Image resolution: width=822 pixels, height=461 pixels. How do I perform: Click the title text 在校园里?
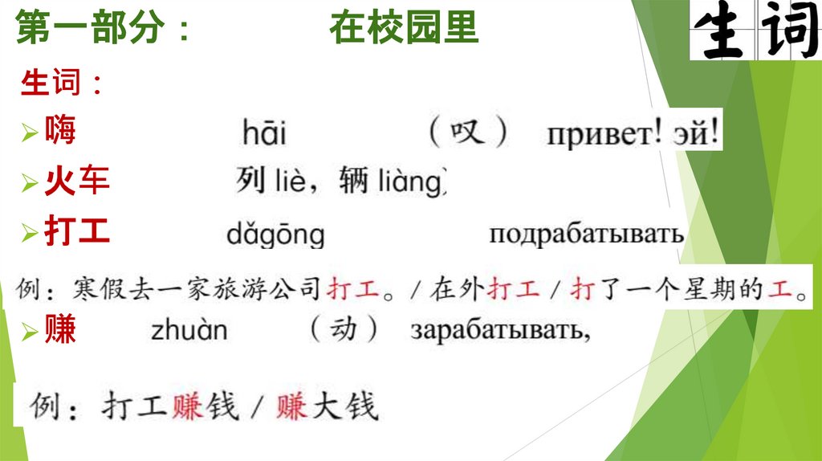click(x=403, y=29)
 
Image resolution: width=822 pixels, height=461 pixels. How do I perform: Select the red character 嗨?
click(x=60, y=129)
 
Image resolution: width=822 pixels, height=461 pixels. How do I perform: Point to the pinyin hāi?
click(x=264, y=133)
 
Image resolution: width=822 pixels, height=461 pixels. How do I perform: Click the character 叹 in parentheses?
click(x=468, y=131)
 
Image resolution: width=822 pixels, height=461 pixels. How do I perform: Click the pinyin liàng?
click(x=409, y=182)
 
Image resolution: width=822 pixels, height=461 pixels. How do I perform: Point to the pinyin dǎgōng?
click(x=275, y=235)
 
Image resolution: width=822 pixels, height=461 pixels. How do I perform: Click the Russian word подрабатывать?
click(x=586, y=234)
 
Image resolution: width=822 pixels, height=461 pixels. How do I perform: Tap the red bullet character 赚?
click(x=60, y=329)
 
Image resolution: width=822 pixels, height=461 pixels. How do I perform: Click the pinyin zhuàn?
click(x=189, y=331)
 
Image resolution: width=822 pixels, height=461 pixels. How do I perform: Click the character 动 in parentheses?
click(x=343, y=328)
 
